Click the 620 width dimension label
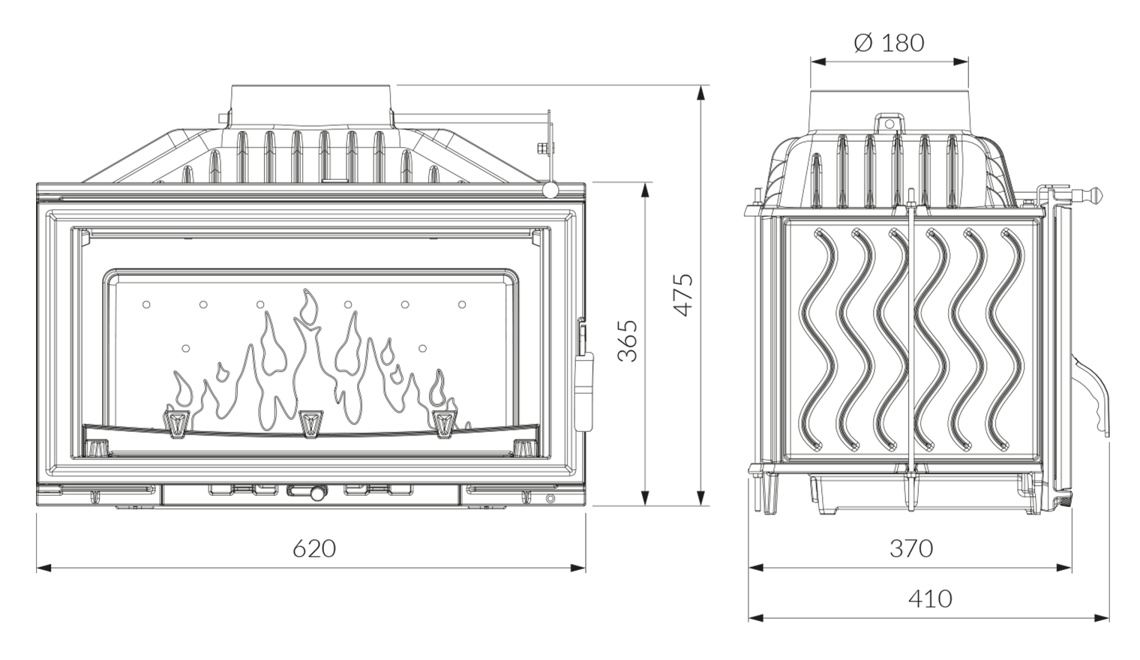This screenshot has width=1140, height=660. [x=313, y=548]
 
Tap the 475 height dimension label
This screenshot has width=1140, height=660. [x=682, y=295]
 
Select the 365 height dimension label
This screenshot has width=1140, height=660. [x=628, y=340]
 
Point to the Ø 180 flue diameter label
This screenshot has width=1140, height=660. [x=889, y=43]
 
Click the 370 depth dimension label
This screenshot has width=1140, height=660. [x=910, y=548]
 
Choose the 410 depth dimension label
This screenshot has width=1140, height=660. [x=929, y=598]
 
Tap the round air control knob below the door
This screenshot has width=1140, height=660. [x=318, y=493]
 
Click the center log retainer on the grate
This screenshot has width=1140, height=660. [x=310, y=423]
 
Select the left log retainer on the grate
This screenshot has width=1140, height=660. [x=177, y=422]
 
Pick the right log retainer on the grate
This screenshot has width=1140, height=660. [x=444, y=422]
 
